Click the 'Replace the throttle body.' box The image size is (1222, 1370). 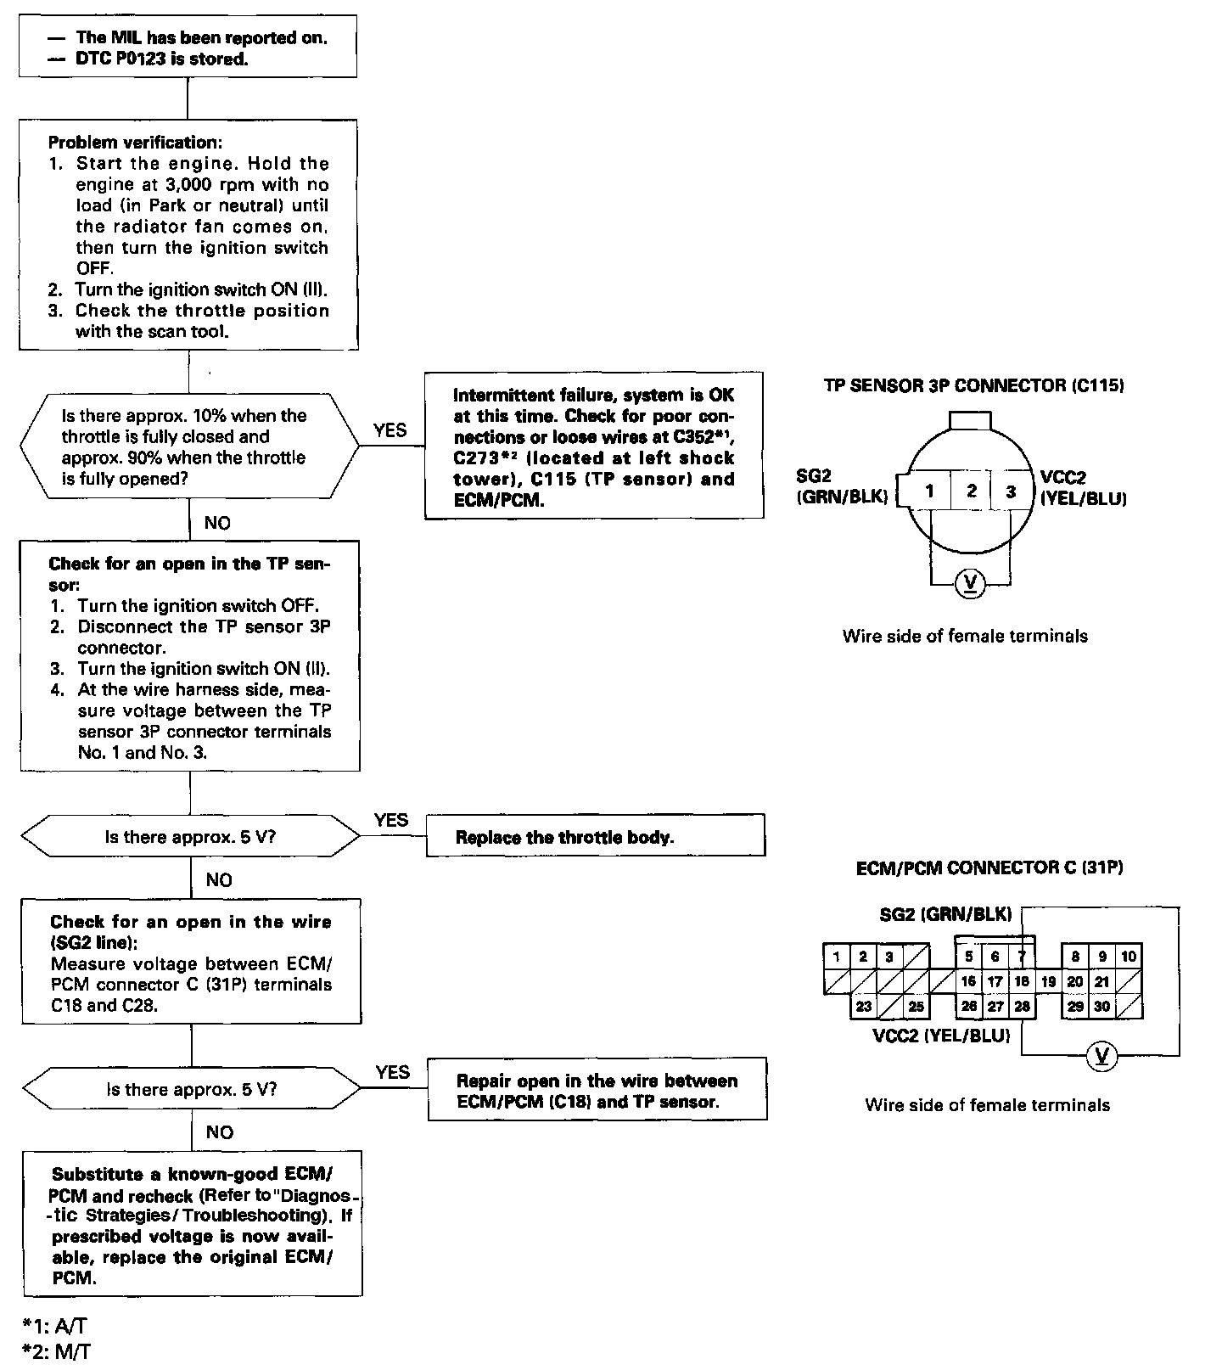[595, 836]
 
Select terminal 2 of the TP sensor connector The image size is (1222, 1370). [972, 491]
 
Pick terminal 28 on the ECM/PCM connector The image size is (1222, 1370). [1022, 1006]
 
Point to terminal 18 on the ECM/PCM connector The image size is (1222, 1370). [1022, 981]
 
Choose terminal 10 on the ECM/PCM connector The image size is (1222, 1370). [1129, 956]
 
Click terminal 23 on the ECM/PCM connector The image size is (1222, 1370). [864, 1007]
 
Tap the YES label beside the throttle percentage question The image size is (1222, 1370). [390, 430]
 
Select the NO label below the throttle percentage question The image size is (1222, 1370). [217, 523]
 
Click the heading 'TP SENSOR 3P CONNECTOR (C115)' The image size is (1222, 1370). [973, 385]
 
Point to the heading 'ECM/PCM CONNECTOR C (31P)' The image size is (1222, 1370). [989, 867]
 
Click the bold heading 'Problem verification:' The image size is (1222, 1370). [135, 142]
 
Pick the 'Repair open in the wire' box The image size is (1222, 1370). [597, 1091]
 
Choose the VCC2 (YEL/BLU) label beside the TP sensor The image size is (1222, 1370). [1083, 488]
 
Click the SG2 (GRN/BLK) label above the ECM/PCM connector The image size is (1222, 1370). [945, 914]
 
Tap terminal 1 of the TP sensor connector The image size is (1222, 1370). [930, 491]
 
